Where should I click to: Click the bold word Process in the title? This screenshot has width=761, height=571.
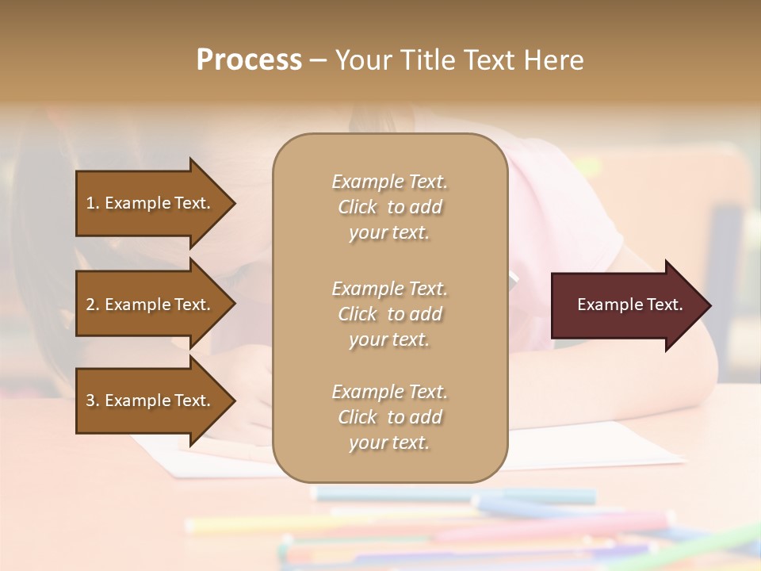pyautogui.click(x=249, y=60)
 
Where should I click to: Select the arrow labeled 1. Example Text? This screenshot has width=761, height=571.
pyautogui.click(x=151, y=203)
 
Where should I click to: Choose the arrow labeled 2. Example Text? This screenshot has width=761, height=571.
pyautogui.click(x=151, y=305)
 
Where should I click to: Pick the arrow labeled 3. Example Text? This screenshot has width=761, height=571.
pyautogui.click(x=151, y=400)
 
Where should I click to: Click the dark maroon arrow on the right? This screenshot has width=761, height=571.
pyautogui.click(x=626, y=305)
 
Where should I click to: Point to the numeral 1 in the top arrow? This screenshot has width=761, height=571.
pyautogui.click(x=90, y=203)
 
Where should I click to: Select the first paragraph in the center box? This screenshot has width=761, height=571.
pyautogui.click(x=389, y=207)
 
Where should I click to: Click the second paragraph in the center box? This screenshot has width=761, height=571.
pyautogui.click(x=389, y=314)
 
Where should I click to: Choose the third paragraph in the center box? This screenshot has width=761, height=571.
pyautogui.click(x=389, y=417)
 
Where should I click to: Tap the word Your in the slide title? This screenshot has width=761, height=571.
pyautogui.click(x=359, y=60)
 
